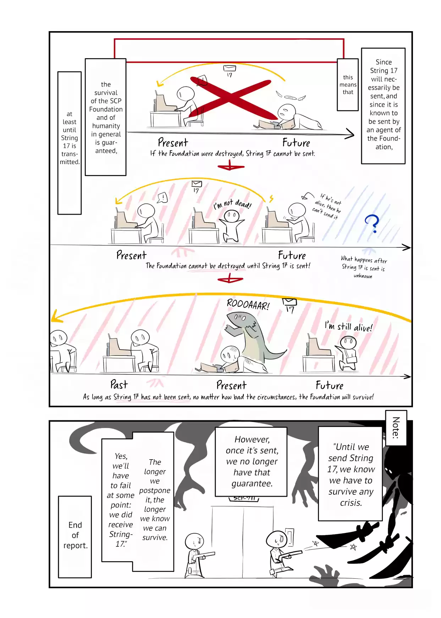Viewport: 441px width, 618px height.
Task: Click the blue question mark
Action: pos(372,223)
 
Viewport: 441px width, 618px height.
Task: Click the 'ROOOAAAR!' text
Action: pos(248,304)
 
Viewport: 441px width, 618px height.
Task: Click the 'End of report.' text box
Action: pos(75,536)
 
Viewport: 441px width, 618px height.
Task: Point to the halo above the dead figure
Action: pos(290,97)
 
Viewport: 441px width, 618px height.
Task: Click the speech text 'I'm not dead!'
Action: pos(232,204)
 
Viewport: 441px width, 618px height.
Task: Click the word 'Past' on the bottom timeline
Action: pos(119,384)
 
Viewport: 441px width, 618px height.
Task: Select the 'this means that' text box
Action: pos(348,85)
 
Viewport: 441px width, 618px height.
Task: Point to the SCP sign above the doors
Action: pos(244,499)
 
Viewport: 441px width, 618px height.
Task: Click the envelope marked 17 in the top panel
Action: pos(229,69)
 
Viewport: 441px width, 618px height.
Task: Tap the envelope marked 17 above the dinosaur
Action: pos(289,302)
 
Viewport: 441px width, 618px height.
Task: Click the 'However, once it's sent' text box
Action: pos(251,461)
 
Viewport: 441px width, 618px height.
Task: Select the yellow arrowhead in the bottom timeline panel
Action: pos(56,317)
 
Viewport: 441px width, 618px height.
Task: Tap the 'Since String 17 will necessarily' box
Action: pos(383,105)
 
